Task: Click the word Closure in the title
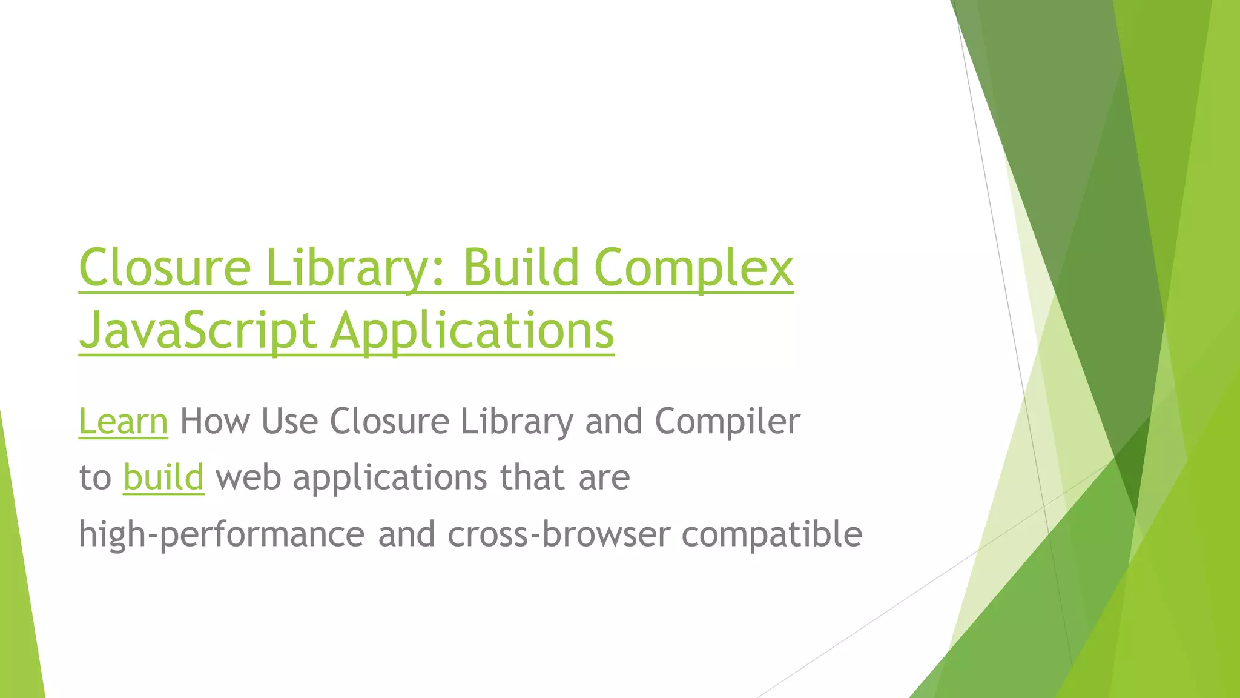165,268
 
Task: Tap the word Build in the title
521,268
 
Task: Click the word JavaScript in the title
198,331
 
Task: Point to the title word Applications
472,331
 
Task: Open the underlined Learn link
124,422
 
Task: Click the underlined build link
163,477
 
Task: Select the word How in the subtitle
214,422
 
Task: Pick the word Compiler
727,422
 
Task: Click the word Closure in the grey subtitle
389,422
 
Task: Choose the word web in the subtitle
248,477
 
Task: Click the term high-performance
222,534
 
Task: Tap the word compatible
771,534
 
